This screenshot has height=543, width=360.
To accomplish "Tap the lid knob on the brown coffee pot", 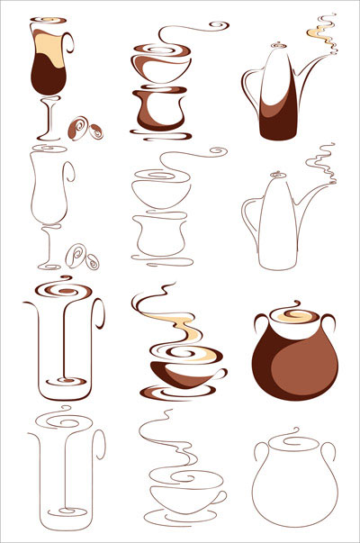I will click(x=277, y=40).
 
